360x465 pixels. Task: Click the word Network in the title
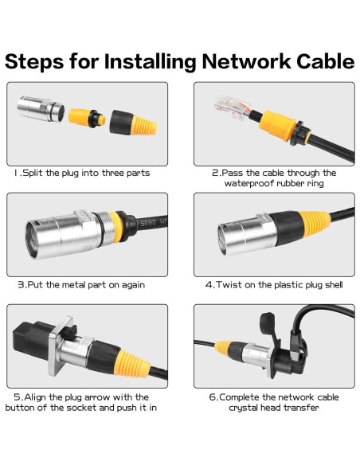(x=246, y=61)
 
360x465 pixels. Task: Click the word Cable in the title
(x=325, y=61)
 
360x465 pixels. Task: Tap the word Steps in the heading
(x=34, y=62)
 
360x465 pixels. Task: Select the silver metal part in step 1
(x=41, y=109)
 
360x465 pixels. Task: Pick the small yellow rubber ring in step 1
(x=87, y=118)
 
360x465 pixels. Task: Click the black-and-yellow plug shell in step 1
(x=133, y=123)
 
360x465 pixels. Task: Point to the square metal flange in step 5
(x=61, y=346)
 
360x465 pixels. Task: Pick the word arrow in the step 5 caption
(x=97, y=397)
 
